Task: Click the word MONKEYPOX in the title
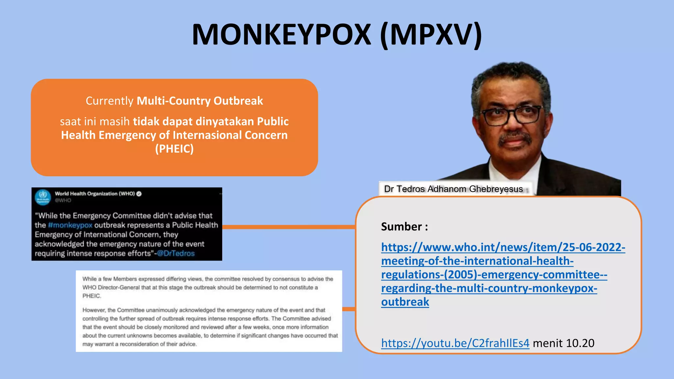tap(282, 35)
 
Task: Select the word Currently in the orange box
tap(110, 101)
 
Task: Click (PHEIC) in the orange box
tap(174, 149)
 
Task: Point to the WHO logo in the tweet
tap(43, 197)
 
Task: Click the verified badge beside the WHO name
tap(139, 194)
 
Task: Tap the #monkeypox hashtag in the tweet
tap(70, 225)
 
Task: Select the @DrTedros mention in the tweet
tap(176, 253)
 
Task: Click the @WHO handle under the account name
tap(63, 200)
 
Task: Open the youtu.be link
tap(455, 343)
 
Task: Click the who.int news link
tap(503, 274)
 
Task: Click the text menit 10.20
tap(563, 343)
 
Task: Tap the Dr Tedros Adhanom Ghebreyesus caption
tap(453, 189)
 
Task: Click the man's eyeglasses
tap(511, 115)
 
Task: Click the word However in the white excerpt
tap(94, 310)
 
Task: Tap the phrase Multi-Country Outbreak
tap(200, 101)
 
